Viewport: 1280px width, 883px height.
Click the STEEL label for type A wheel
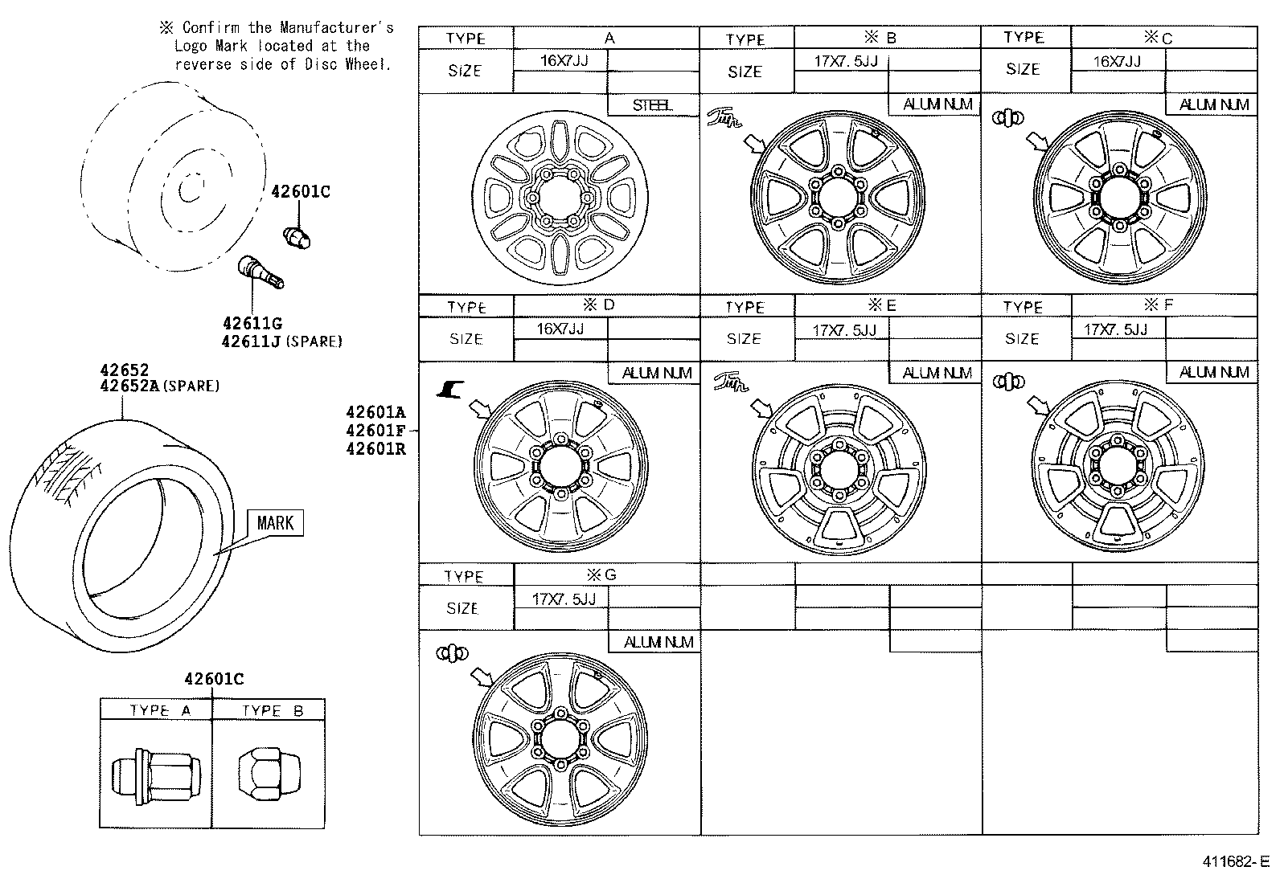tap(652, 105)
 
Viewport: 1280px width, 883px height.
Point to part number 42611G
tap(252, 323)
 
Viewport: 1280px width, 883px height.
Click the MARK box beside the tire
tap(275, 523)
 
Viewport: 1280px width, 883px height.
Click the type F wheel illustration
tap(1118, 466)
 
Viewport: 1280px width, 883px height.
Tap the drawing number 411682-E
tap(1234, 862)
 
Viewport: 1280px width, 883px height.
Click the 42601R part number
tap(375, 449)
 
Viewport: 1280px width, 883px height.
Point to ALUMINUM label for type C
tap(1213, 105)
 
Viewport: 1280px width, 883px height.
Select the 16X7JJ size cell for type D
tap(560, 329)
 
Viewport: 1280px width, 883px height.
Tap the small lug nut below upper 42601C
tap(298, 238)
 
